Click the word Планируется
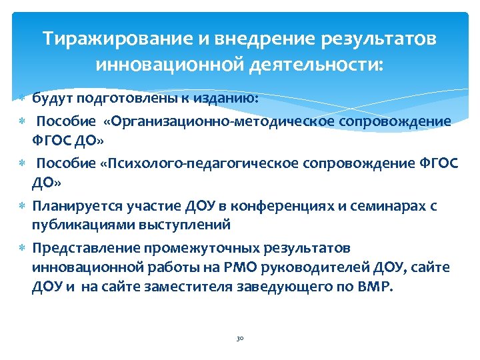(x=71, y=206)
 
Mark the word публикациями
(x=75, y=225)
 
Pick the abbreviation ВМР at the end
(x=378, y=287)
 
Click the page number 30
(x=240, y=339)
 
